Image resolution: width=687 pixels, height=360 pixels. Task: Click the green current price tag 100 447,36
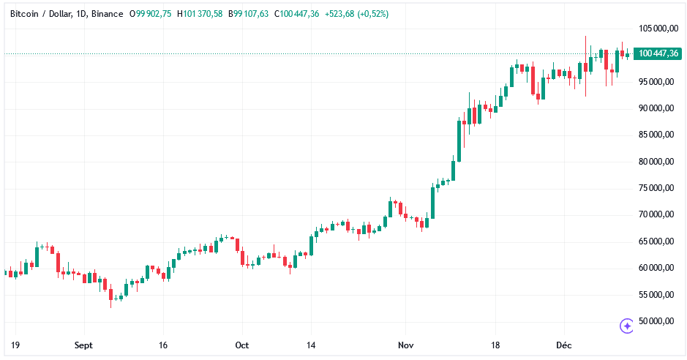(x=658, y=53)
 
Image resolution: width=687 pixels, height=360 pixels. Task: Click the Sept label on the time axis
(x=83, y=345)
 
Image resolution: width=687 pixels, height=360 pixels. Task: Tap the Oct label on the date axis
(x=242, y=345)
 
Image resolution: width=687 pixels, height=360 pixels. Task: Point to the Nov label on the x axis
(x=406, y=345)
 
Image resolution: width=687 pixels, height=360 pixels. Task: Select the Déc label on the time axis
(x=563, y=345)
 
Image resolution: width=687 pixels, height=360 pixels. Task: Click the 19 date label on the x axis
(x=14, y=345)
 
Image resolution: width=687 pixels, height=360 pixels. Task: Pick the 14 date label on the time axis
(x=311, y=345)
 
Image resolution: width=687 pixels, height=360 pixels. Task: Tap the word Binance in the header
(x=108, y=14)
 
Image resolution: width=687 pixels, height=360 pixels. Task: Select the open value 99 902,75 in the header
(x=154, y=14)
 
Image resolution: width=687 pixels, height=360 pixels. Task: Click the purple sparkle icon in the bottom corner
(x=626, y=326)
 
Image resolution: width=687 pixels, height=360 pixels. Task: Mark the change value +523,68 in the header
(x=337, y=14)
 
